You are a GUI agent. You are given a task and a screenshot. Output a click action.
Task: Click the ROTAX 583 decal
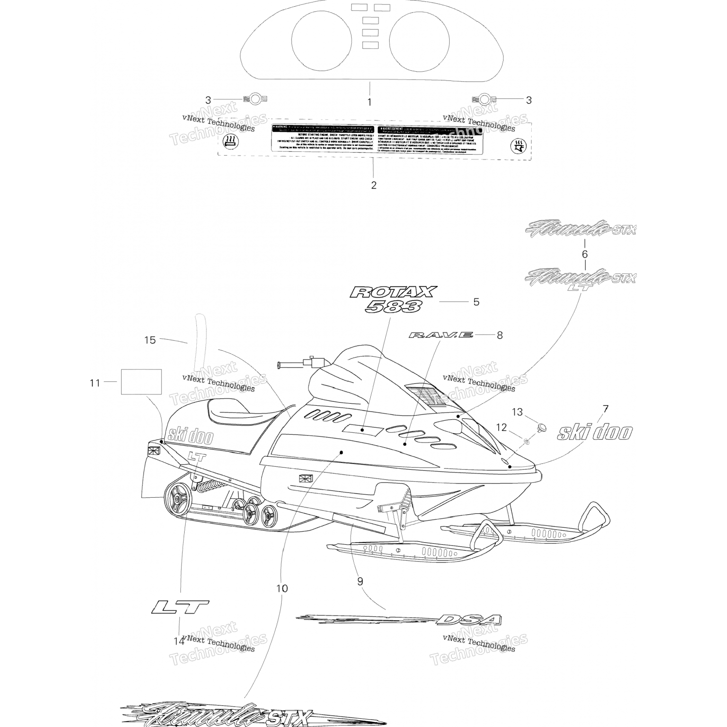coord(393,299)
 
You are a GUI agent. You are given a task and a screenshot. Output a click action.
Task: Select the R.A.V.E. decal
coord(440,335)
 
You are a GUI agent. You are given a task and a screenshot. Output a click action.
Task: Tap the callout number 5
coord(476,302)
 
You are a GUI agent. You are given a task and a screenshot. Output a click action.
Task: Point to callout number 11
coord(95,383)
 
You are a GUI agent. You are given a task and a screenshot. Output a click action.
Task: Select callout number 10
coord(282,588)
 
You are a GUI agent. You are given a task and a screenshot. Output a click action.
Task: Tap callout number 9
coord(360,582)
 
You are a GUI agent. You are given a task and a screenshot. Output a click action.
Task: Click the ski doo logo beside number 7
coord(595,432)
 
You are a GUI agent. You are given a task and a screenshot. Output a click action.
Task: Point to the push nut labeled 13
coord(541,427)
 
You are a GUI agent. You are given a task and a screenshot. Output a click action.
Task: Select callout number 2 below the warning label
coord(373,185)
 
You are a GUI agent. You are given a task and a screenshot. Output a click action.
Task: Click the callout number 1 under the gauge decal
coord(369,102)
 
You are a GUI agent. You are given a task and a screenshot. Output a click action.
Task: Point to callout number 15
coord(150,340)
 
